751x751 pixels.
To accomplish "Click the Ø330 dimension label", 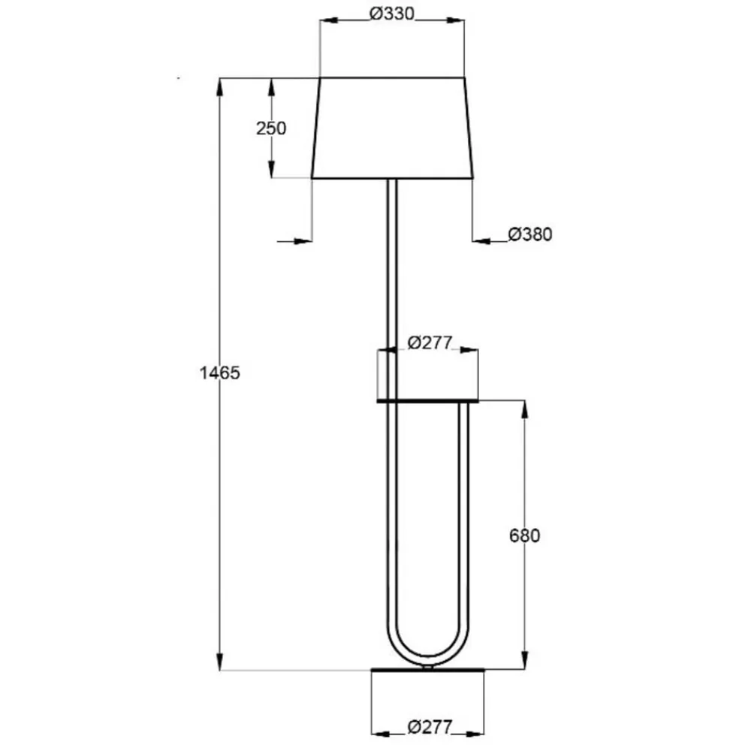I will pyautogui.click(x=393, y=14).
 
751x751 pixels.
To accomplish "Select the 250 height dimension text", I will pyautogui.click(x=271, y=128).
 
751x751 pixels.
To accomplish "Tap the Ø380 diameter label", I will pyautogui.click(x=529, y=234).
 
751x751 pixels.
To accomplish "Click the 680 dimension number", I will pyautogui.click(x=524, y=535).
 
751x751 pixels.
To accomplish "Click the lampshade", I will pyautogui.click(x=392, y=128).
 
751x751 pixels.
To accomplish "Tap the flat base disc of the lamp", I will pyautogui.click(x=428, y=670).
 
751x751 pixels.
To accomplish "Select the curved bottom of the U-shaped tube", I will pyautogui.click(x=428, y=653).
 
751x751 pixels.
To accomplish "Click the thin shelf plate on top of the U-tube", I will pyautogui.click(x=427, y=402).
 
